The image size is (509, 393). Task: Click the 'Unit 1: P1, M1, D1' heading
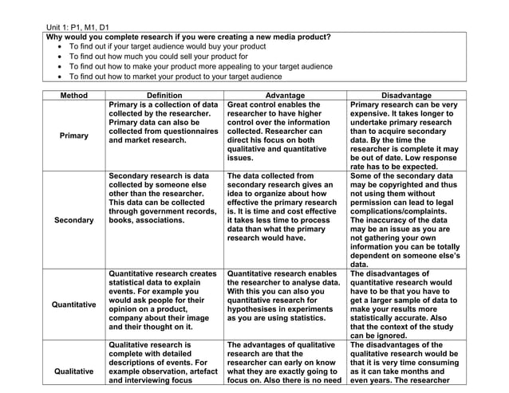pyautogui.click(x=78, y=27)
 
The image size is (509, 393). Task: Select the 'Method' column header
pyautogui.click(x=74, y=96)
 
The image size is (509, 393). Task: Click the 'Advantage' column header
pyautogui.click(x=285, y=96)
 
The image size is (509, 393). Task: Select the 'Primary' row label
pyautogui.click(x=74, y=136)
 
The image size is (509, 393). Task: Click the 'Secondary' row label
pyautogui.click(x=74, y=220)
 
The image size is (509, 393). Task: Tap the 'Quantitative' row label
pyautogui.click(x=74, y=305)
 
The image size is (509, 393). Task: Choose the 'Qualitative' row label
pyautogui.click(x=74, y=371)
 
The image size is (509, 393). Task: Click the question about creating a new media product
pyautogui.click(x=188, y=37)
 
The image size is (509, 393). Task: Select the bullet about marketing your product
pyautogui.click(x=176, y=77)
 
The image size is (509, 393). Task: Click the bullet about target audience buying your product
pyautogui.click(x=168, y=47)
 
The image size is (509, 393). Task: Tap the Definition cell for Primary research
pyautogui.click(x=164, y=123)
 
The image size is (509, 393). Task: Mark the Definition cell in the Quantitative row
pyautogui.click(x=164, y=300)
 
